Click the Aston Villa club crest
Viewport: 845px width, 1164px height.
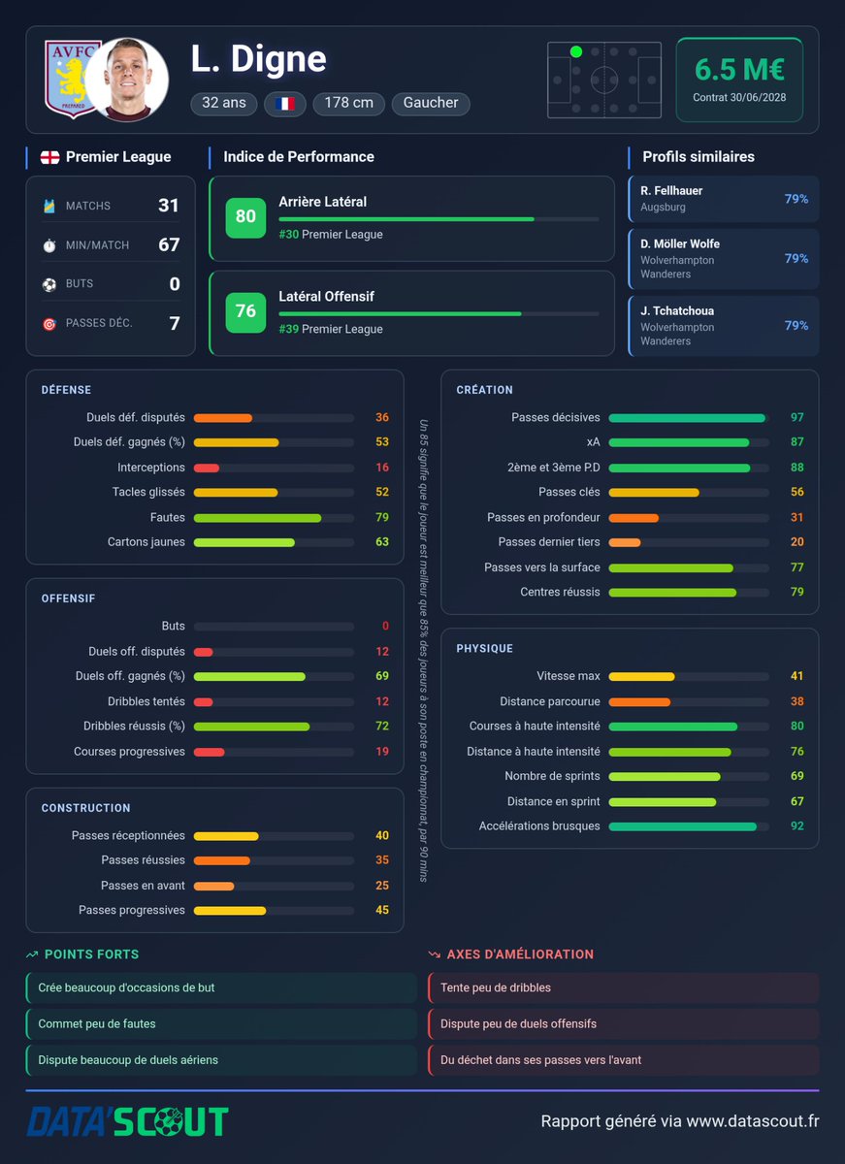[68, 79]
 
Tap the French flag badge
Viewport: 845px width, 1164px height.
[285, 104]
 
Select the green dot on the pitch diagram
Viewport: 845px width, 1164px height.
[576, 51]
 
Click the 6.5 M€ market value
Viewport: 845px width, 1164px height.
[739, 69]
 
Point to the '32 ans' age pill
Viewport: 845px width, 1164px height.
[224, 103]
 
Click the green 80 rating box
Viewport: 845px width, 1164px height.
[245, 217]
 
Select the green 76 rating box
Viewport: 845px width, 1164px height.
[245, 311]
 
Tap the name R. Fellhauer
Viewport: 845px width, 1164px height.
[671, 191]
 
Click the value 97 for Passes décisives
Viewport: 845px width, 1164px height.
[796, 417]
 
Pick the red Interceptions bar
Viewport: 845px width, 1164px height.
[207, 468]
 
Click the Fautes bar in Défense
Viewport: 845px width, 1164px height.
[257, 518]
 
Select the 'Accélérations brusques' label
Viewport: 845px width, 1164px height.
[538, 825]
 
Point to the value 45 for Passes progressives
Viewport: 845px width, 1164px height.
[382, 910]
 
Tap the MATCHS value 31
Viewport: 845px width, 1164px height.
[169, 206]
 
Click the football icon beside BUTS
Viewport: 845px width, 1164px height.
[49, 284]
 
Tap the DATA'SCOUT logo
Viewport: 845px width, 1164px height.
[127, 1121]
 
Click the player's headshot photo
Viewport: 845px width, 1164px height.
[127, 80]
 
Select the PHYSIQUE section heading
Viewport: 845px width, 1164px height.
[484, 649]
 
